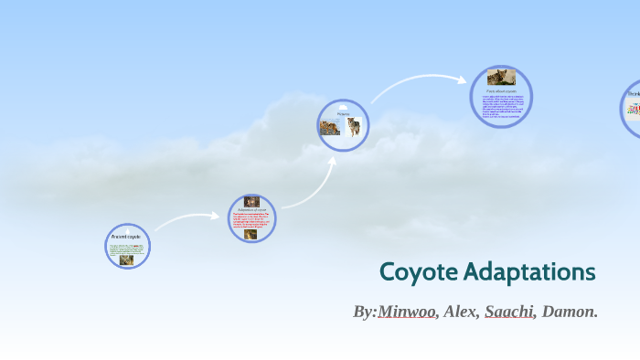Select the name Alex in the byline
pyautogui.click(x=460, y=312)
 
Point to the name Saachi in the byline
pyautogui.click(x=508, y=312)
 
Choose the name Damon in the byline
pyautogui.click(x=569, y=312)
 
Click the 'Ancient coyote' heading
pyautogui.click(x=125, y=237)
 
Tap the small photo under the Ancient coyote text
pyautogui.click(x=126, y=259)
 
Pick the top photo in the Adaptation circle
pyautogui.click(x=251, y=202)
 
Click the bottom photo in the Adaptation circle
pyautogui.click(x=251, y=234)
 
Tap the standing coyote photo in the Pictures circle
pyautogui.click(x=353, y=126)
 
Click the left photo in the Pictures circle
pyautogui.click(x=331, y=128)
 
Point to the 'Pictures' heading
pyautogui.click(x=343, y=114)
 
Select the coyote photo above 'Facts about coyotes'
pyautogui.click(x=500, y=78)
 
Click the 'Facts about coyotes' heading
pyautogui.click(x=501, y=91)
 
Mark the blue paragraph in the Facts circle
pyautogui.click(x=501, y=106)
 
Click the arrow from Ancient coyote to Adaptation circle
pyautogui.click(x=187, y=218)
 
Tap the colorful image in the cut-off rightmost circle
pyautogui.click(x=633, y=109)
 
